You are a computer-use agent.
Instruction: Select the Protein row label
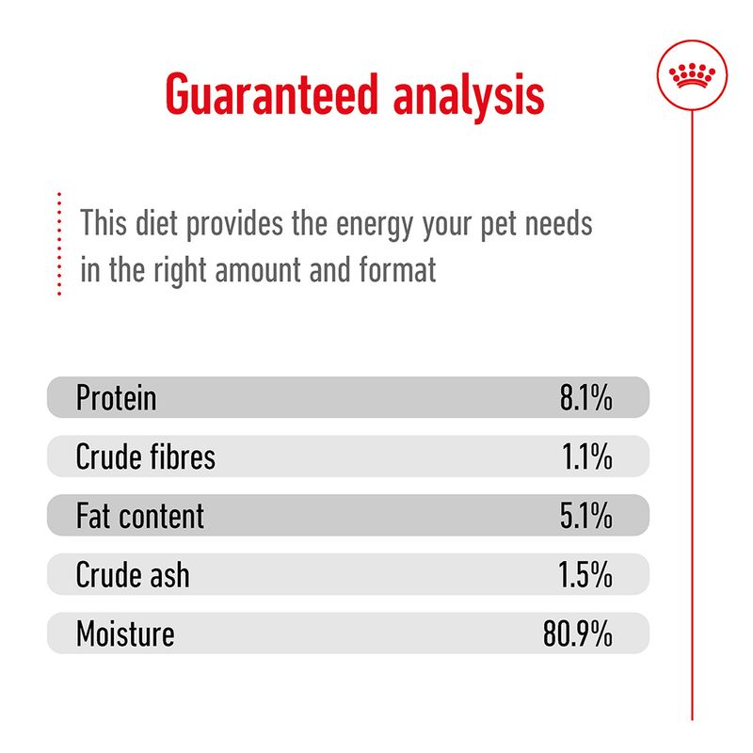tap(116, 398)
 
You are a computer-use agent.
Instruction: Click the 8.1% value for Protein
tap(585, 398)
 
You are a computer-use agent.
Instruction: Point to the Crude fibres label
tap(145, 457)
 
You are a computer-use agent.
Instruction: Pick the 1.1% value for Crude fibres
tap(587, 457)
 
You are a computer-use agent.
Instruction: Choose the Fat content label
tap(139, 516)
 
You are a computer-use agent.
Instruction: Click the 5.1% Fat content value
tap(585, 516)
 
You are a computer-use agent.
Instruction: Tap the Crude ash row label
tap(132, 574)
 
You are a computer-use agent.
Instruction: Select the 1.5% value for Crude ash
tap(586, 574)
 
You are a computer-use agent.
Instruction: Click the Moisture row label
tap(124, 633)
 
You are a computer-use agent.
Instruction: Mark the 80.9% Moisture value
tap(577, 633)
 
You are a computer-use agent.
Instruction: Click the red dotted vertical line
tap(58, 245)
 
